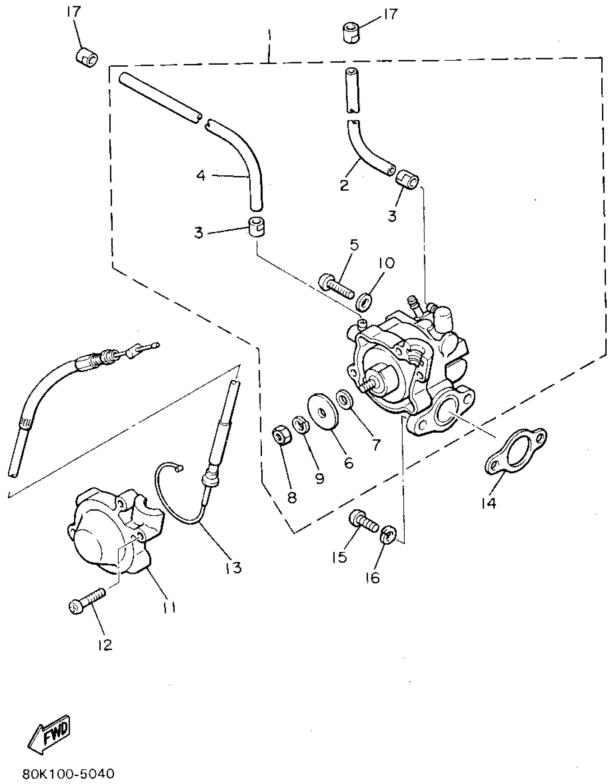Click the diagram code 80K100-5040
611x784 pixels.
click(x=68, y=773)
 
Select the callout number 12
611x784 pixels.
click(x=104, y=645)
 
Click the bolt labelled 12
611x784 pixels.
click(x=87, y=604)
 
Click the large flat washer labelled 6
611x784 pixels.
click(x=323, y=411)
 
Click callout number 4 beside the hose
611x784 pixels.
click(x=201, y=176)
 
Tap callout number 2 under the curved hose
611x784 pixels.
click(x=344, y=186)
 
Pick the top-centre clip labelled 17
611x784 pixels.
click(x=350, y=33)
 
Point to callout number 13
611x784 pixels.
click(x=234, y=568)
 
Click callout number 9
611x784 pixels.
click(x=320, y=478)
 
